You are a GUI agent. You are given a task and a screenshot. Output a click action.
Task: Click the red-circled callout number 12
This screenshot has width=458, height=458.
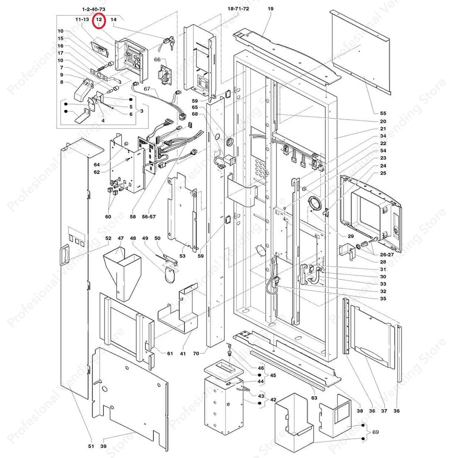[x=99, y=20]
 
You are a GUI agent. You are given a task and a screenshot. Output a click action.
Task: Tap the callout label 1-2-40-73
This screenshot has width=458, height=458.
[x=94, y=9]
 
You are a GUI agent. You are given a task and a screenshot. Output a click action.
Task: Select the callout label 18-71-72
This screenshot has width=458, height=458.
[x=238, y=8]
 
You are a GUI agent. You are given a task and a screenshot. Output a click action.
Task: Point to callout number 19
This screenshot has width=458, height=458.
[x=271, y=8]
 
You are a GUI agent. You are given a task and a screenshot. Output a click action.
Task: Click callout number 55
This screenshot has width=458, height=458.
[x=383, y=113]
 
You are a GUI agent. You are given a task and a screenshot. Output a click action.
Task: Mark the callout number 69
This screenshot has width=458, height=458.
[x=375, y=432]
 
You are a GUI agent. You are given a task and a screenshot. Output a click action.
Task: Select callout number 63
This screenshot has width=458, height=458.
[x=314, y=398]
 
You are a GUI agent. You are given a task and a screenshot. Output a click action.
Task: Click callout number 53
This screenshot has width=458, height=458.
[x=183, y=256]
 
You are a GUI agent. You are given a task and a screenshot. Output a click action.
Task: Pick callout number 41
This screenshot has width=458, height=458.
[x=183, y=353]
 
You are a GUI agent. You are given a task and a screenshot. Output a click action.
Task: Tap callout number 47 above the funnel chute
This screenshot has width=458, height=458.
[x=120, y=238]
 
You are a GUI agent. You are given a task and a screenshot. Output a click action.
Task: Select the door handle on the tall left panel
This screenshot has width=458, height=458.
[x=65, y=255]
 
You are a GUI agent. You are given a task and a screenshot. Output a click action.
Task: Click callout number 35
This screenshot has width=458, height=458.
[x=383, y=299]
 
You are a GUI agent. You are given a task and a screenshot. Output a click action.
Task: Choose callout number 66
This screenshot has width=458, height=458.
[x=157, y=60]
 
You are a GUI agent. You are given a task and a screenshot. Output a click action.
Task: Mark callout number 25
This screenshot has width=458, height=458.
[x=383, y=173]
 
